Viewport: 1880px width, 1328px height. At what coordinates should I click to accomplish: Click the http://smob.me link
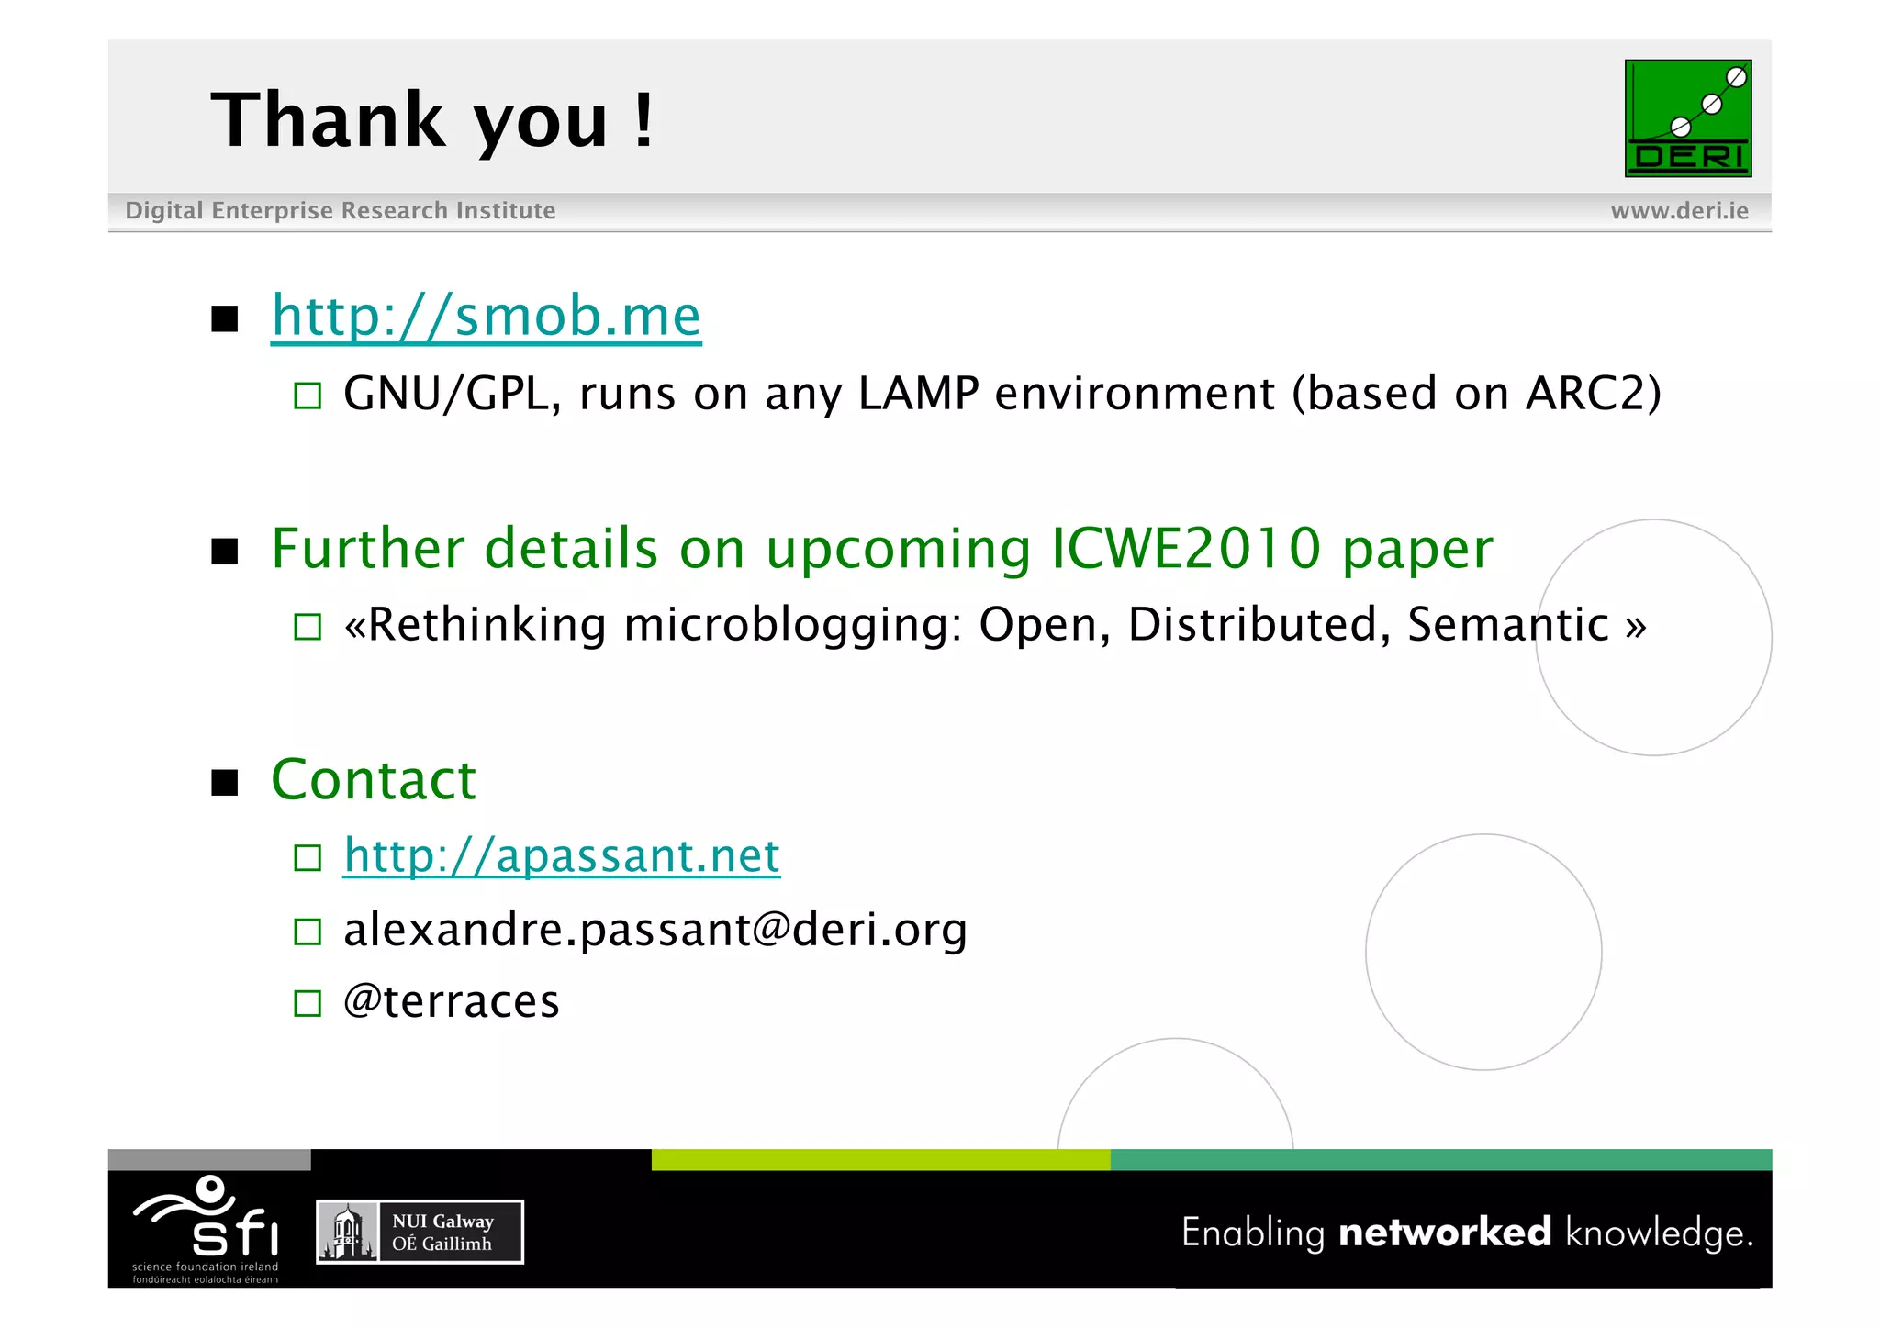(486, 317)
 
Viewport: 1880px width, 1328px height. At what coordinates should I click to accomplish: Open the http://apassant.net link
(561, 856)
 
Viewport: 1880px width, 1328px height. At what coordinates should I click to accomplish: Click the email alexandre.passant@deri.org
(655, 930)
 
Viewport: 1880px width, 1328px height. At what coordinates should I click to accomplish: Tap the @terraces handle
(451, 1001)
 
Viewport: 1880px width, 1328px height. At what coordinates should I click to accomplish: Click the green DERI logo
(1687, 118)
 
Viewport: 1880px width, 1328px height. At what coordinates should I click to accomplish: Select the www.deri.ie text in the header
(1679, 211)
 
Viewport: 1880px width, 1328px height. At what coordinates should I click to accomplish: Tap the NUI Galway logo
(420, 1232)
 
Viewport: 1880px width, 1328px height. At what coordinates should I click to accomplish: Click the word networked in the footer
(1445, 1233)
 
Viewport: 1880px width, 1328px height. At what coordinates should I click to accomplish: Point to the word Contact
(374, 780)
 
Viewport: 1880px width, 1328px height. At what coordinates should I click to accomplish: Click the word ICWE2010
(1186, 549)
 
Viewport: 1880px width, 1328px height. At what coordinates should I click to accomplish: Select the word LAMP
(918, 394)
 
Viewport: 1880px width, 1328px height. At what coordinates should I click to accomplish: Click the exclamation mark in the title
(643, 120)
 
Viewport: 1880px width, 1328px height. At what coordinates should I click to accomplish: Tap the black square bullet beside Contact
(225, 783)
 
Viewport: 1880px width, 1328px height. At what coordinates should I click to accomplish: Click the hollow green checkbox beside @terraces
(308, 1003)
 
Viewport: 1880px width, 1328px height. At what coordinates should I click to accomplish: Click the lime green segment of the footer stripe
(880, 1160)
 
